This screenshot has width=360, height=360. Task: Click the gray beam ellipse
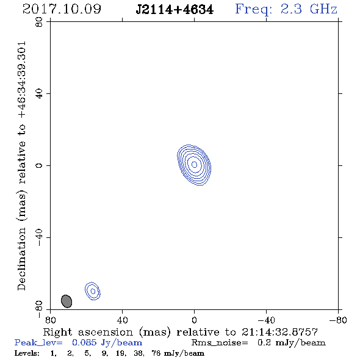pyautogui.click(x=67, y=301)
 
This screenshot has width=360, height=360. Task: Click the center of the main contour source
pyautogui.click(x=194, y=165)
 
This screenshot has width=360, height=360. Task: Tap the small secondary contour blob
pyautogui.click(x=93, y=291)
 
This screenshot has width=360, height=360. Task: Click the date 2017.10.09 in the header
pyautogui.click(x=62, y=9)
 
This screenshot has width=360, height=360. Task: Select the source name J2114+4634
pyautogui.click(x=175, y=10)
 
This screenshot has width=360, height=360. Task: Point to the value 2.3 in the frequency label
pyautogui.click(x=291, y=9)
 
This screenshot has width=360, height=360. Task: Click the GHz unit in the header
pyautogui.click(x=323, y=9)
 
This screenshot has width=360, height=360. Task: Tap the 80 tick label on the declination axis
pyautogui.click(x=39, y=22)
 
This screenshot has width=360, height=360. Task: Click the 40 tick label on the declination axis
pyautogui.click(x=39, y=94)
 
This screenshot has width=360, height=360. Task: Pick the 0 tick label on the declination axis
pyautogui.click(x=39, y=165)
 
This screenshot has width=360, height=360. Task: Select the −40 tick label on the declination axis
pyautogui.click(x=39, y=237)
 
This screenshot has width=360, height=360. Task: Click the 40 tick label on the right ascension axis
pyautogui.click(x=122, y=320)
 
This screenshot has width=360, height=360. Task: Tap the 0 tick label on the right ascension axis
pyautogui.click(x=194, y=320)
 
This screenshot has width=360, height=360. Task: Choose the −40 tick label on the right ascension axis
pyautogui.click(x=266, y=320)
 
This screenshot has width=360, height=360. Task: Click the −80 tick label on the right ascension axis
pyautogui.click(x=338, y=320)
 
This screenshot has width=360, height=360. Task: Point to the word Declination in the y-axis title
pyautogui.click(x=21, y=259)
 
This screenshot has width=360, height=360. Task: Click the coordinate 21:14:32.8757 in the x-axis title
pyautogui.click(x=279, y=332)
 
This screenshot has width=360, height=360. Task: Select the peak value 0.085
pyautogui.click(x=84, y=342)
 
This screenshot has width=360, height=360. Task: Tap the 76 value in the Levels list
pyautogui.click(x=156, y=353)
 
